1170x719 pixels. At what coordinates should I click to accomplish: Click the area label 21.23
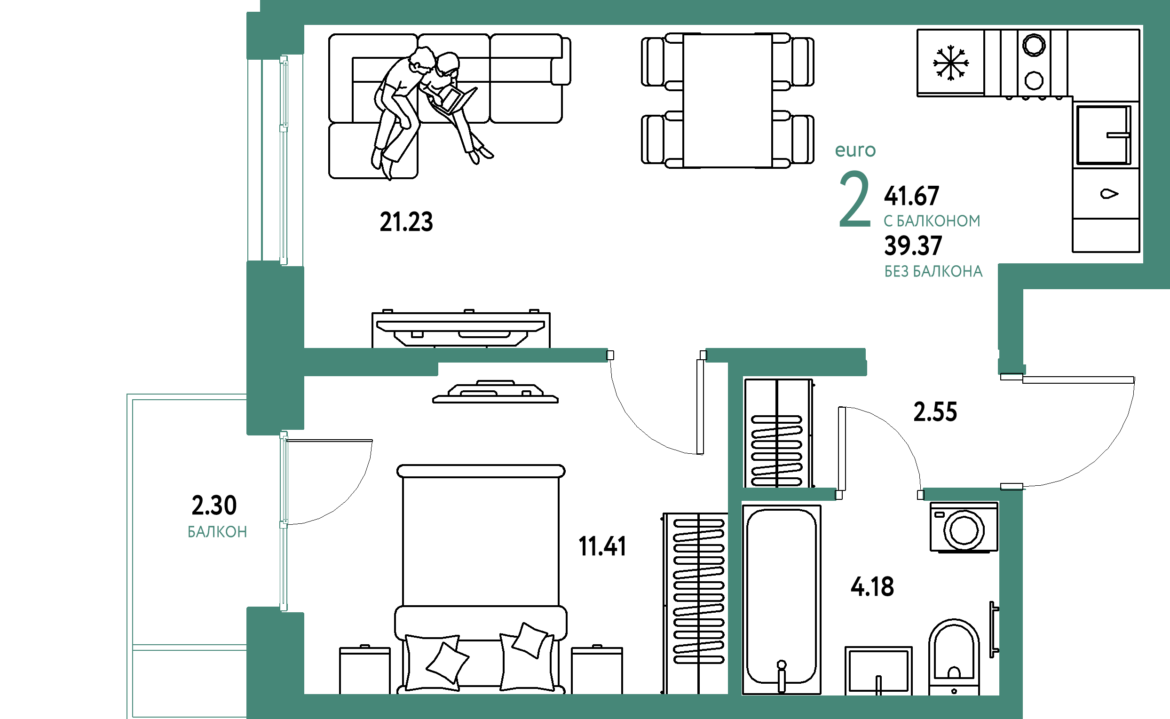coord(406,222)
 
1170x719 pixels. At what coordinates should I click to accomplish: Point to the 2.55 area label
coord(935,412)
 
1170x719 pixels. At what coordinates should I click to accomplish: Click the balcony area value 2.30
coord(214,505)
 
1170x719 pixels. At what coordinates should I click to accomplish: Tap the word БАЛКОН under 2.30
coord(217,532)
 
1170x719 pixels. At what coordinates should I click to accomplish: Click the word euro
coord(855,151)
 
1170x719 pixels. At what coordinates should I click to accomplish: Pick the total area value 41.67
coord(911,197)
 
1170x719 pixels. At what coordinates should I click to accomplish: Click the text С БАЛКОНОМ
coord(932,221)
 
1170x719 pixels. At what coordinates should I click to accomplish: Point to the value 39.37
coord(913,246)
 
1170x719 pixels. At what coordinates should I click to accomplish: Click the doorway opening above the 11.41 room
coord(656,355)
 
